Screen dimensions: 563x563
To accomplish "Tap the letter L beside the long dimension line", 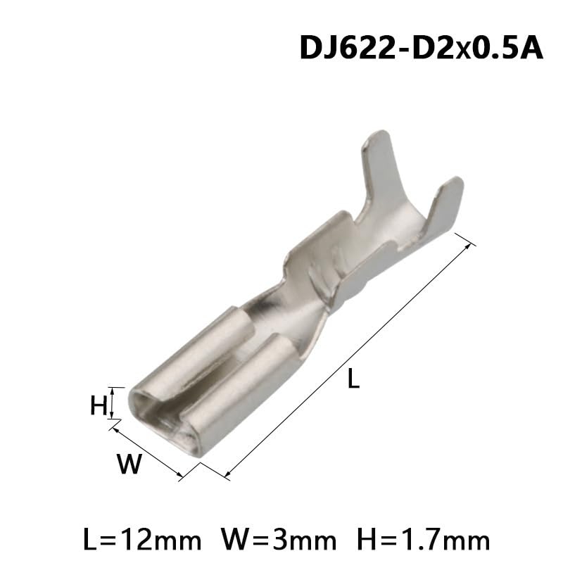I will click(x=353, y=380).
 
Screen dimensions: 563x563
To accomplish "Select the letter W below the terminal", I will click(x=129, y=464).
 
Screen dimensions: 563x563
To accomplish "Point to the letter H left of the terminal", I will click(x=99, y=405).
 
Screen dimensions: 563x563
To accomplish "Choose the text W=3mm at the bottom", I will click(x=279, y=540).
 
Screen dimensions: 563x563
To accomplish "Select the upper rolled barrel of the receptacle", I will click(x=194, y=352).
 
